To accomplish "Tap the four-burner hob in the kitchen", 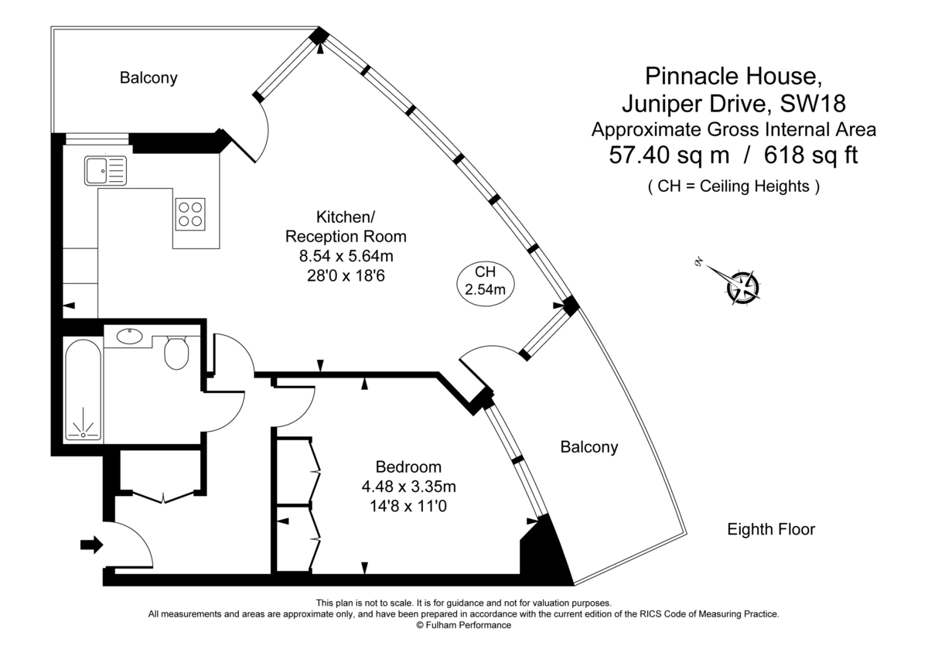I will pyautogui.click(x=190, y=213).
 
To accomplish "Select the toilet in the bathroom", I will pyautogui.click(x=177, y=353).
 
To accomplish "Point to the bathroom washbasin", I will pyautogui.click(x=128, y=337).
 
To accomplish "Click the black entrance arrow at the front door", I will pyautogui.click(x=91, y=545).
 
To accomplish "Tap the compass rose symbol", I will pyautogui.click(x=742, y=285).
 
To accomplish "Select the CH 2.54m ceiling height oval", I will pyautogui.click(x=485, y=282).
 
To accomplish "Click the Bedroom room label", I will pyautogui.click(x=408, y=466).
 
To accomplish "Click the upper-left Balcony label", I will pyautogui.click(x=148, y=77).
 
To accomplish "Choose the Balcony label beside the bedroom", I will pyautogui.click(x=589, y=446).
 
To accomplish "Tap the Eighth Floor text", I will pyautogui.click(x=771, y=530).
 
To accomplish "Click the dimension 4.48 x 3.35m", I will pyautogui.click(x=408, y=487).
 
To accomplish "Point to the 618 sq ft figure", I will pyautogui.click(x=811, y=155).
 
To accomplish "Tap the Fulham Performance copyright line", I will pyautogui.click(x=463, y=625).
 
